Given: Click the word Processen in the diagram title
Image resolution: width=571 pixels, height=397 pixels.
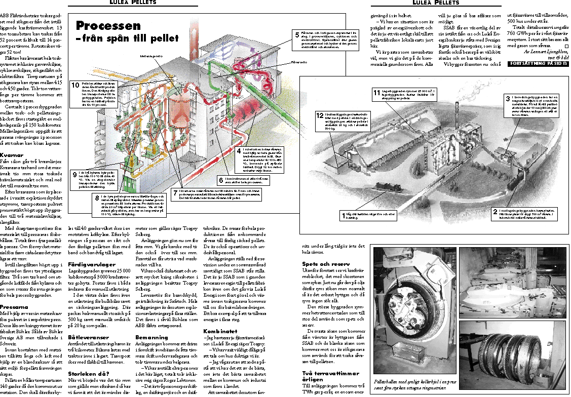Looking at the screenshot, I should click(x=108, y=26).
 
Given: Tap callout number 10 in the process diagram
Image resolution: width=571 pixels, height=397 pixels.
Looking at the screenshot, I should click(x=74, y=85).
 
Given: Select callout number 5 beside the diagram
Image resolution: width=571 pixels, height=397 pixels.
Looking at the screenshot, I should click(x=297, y=34).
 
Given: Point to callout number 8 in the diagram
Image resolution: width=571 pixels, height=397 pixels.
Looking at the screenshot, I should click(x=97, y=198).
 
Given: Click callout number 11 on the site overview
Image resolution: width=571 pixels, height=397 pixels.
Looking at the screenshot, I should click(x=376, y=93).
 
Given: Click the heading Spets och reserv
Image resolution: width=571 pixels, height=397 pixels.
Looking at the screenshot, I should click(x=324, y=264).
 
